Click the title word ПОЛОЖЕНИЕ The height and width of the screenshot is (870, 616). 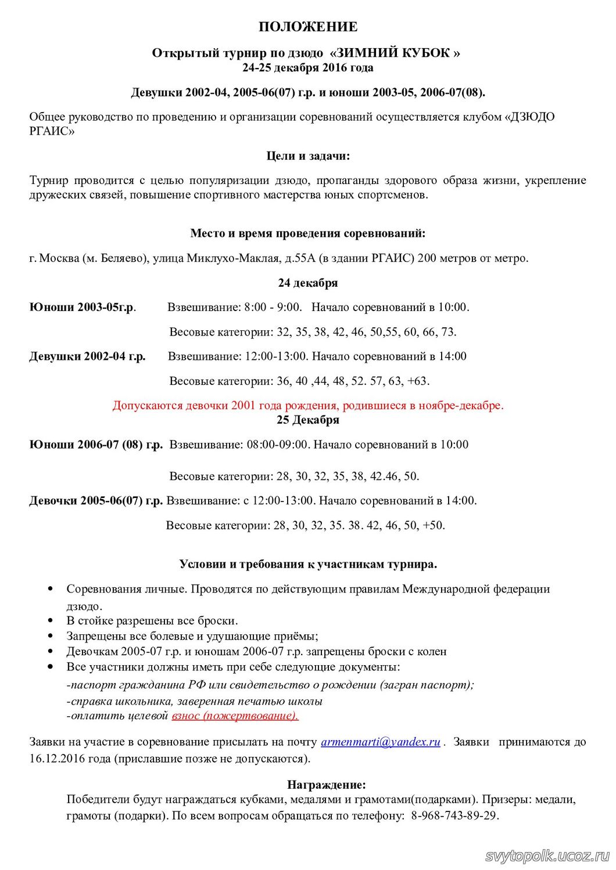[x=308, y=27]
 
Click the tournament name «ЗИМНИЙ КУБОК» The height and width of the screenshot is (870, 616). [x=395, y=53]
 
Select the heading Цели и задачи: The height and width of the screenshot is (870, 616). [x=308, y=156]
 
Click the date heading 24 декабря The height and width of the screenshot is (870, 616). [x=308, y=283]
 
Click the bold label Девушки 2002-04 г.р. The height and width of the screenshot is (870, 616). [x=87, y=356]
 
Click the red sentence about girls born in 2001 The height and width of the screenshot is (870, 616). [x=308, y=405]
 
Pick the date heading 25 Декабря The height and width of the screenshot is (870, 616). [x=308, y=420]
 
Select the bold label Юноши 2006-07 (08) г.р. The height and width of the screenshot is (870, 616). [x=96, y=445]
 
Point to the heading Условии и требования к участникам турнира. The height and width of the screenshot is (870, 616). [x=308, y=564]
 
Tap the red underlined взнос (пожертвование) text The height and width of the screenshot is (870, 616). [x=235, y=716]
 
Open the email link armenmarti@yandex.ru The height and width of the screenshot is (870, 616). [x=380, y=742]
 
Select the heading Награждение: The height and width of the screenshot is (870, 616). [x=327, y=785]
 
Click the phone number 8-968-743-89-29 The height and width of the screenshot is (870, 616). [x=454, y=815]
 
